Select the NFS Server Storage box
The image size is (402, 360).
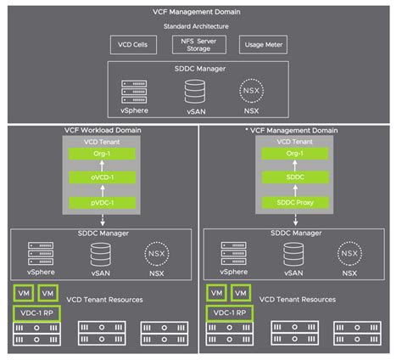tap(200, 43)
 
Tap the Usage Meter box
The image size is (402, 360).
tap(265, 43)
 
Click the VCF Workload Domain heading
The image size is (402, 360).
tap(101, 130)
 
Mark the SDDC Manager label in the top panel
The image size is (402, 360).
tap(200, 68)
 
